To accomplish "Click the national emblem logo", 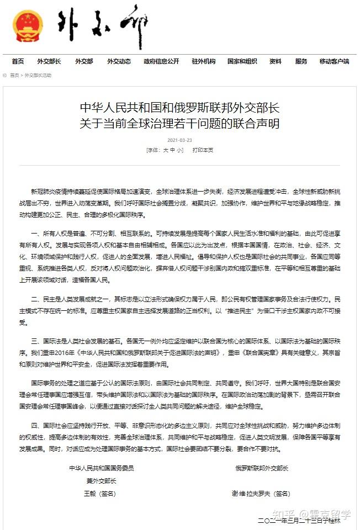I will pyautogui.click(x=27, y=26).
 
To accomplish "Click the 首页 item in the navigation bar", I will pyautogui.click(x=18, y=61).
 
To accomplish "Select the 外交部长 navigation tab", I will pyautogui.click(x=49, y=61).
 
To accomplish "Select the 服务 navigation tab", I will pyautogui.click(x=301, y=61).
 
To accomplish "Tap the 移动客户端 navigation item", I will pyautogui.click(x=334, y=61).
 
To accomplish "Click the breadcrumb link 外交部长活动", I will pyautogui.click(x=38, y=75).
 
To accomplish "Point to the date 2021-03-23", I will pyautogui.click(x=179, y=140).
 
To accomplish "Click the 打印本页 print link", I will pyautogui.click(x=203, y=150).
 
